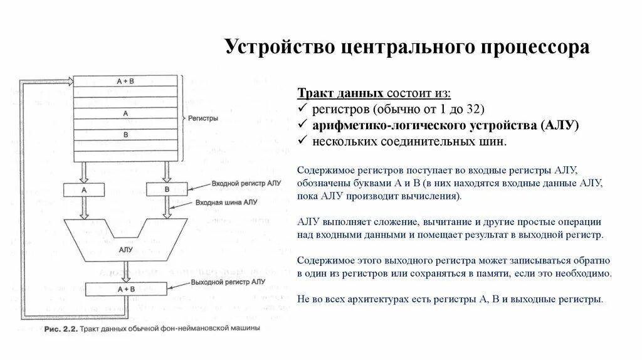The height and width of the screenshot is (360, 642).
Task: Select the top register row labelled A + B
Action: (x=126, y=81)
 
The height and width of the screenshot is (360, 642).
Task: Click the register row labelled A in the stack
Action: (x=126, y=114)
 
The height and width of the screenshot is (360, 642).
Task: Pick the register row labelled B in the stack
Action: (x=126, y=135)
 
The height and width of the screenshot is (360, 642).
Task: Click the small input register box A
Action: (x=84, y=189)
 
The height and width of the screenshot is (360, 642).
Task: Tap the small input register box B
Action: (x=167, y=189)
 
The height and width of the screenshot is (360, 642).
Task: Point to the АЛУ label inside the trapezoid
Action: (x=125, y=249)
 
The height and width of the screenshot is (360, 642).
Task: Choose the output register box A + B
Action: (x=126, y=289)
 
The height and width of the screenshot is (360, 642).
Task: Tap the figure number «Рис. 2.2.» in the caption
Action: (x=62, y=328)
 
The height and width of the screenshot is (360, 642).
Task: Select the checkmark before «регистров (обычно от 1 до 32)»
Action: (x=302, y=109)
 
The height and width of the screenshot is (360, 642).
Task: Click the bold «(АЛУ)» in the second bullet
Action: (x=558, y=125)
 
